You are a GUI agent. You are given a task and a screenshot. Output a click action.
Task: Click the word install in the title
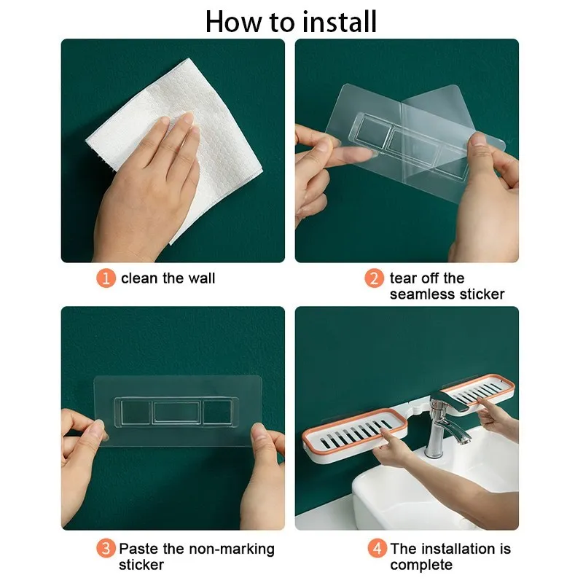tap(340, 22)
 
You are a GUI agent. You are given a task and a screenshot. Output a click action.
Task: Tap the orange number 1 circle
tap(106, 278)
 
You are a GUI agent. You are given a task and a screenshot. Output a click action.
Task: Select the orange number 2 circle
tap(374, 278)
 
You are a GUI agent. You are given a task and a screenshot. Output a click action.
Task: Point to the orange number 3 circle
tap(106, 549)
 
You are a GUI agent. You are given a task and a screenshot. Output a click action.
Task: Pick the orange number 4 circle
tap(377, 549)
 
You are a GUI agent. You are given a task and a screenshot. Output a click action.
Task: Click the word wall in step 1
tap(202, 278)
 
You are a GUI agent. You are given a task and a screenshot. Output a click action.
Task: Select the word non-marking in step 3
tap(232, 549)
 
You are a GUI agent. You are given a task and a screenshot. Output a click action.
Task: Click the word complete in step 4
tap(421, 566)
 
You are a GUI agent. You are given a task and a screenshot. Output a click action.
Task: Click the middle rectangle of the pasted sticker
tap(176, 412)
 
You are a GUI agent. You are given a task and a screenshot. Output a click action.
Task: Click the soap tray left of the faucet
tap(354, 434)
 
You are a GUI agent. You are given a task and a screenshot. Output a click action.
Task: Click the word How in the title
tap(234, 22)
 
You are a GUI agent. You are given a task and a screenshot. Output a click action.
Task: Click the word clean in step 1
tap(139, 278)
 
